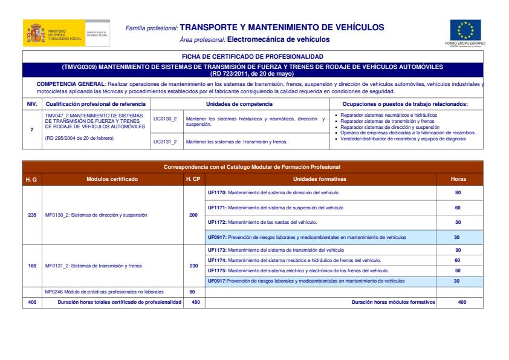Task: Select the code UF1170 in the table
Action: [x=217, y=192]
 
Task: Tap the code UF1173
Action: [x=217, y=249]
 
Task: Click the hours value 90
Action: [x=457, y=249]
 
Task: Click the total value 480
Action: [x=193, y=302]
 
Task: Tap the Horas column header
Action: [x=458, y=179]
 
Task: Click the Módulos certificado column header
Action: [x=112, y=179]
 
